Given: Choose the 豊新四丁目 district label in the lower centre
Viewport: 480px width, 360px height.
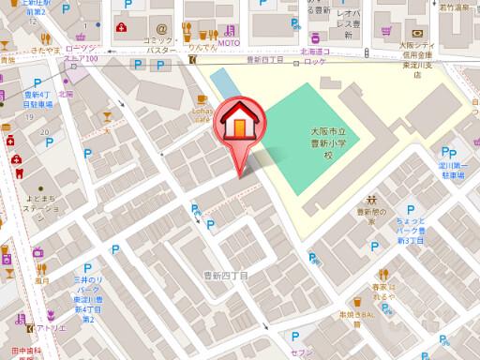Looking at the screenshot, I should pos(226,277).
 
